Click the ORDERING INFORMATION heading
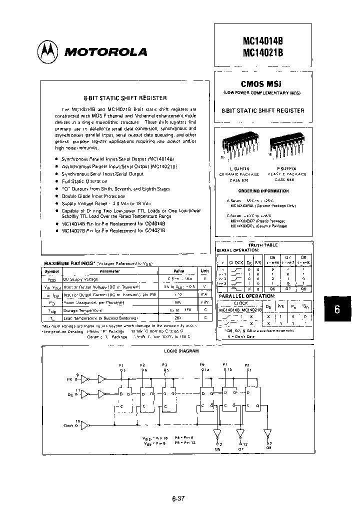[263, 191]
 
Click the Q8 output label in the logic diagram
[268, 448]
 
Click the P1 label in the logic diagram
[121, 365]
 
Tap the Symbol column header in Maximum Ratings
[52, 271]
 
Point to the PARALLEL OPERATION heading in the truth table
[242, 296]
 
